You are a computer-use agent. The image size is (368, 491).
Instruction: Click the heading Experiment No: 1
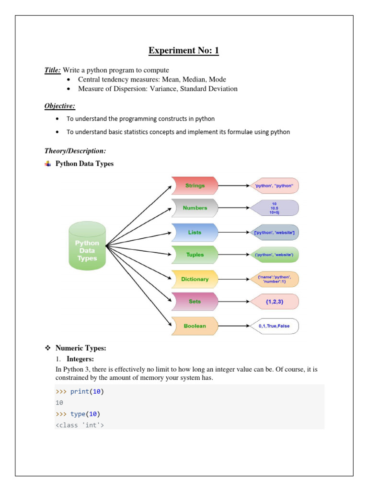click(184, 51)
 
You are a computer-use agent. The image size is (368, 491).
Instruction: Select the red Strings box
click(195, 186)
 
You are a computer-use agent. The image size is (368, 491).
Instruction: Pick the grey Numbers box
click(195, 208)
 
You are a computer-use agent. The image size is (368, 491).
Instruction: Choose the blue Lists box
click(195, 233)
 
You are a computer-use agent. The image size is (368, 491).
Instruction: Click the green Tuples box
click(195, 255)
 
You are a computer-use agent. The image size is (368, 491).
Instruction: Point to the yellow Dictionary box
click(195, 279)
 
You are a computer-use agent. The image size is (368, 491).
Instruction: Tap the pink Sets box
click(195, 302)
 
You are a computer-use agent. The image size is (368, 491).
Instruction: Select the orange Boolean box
click(195, 326)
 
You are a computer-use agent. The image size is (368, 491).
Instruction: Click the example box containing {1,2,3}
click(275, 302)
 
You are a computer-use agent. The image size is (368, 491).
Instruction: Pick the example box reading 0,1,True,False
click(275, 326)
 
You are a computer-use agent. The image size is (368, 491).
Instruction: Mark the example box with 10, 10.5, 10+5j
click(275, 208)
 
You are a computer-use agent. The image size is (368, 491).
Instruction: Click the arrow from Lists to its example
click(234, 233)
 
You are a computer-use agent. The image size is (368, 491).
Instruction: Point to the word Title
click(52, 70)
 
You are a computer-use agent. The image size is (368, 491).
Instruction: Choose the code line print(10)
click(87, 392)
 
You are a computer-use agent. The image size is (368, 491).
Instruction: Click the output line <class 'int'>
click(80, 425)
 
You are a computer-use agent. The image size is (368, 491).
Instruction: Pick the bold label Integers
click(80, 359)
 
